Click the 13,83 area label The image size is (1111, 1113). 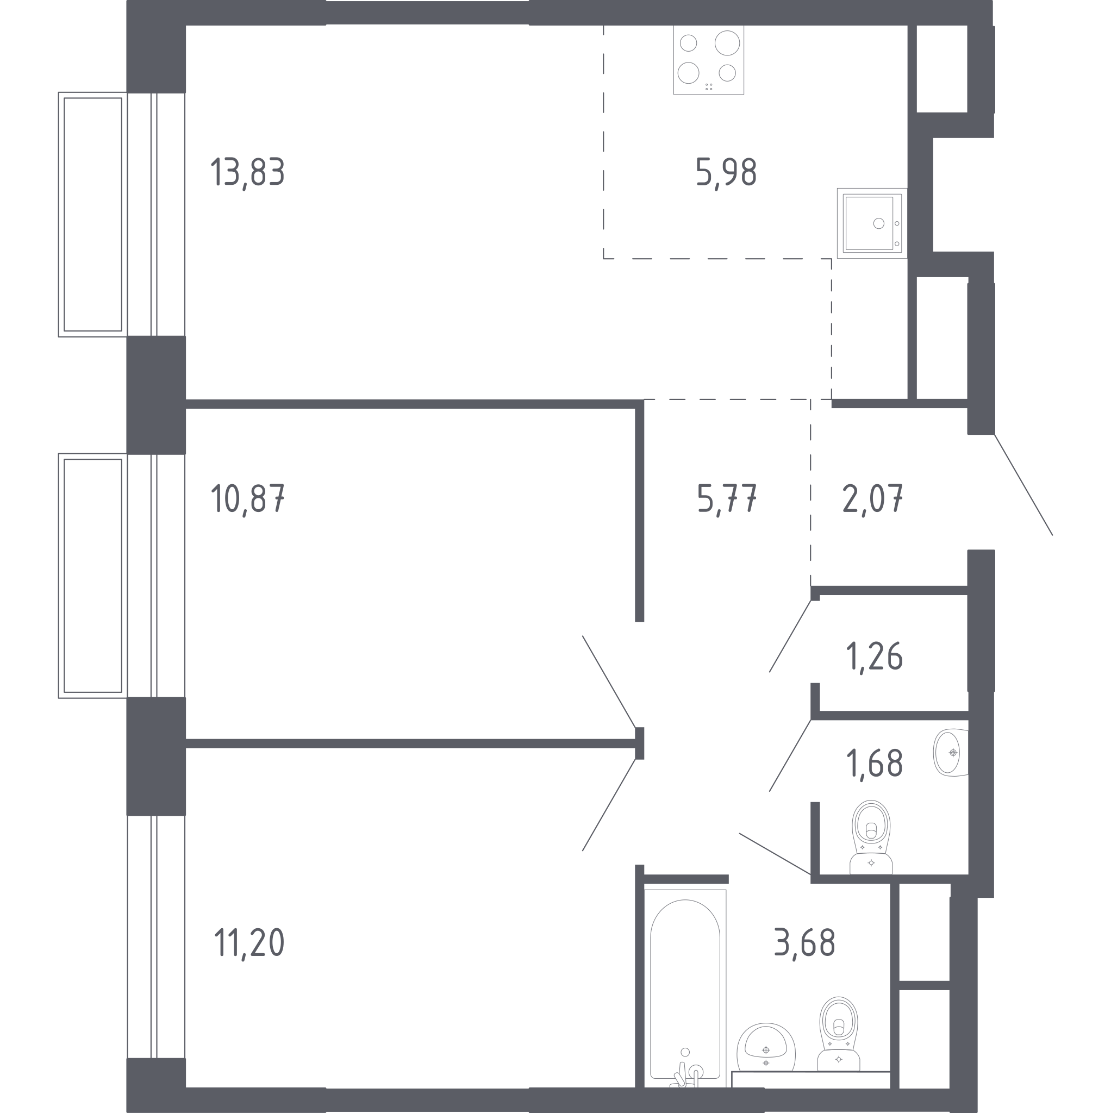point(248,172)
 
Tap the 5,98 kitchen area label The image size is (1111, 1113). point(726,172)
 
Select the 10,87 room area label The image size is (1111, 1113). point(248,498)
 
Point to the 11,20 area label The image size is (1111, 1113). point(249,943)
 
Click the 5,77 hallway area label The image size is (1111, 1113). point(727,498)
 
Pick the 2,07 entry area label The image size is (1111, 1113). point(872,498)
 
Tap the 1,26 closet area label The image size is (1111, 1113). point(874,656)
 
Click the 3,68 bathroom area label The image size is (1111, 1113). point(804,943)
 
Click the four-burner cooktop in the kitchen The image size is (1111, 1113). point(709,59)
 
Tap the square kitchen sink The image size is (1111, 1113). point(872,223)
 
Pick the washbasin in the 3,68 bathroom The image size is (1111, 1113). point(766,1048)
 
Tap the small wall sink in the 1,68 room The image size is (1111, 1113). point(950,752)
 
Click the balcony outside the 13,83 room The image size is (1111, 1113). point(93,214)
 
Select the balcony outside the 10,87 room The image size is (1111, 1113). point(93,576)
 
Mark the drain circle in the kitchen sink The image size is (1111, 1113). point(878,223)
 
